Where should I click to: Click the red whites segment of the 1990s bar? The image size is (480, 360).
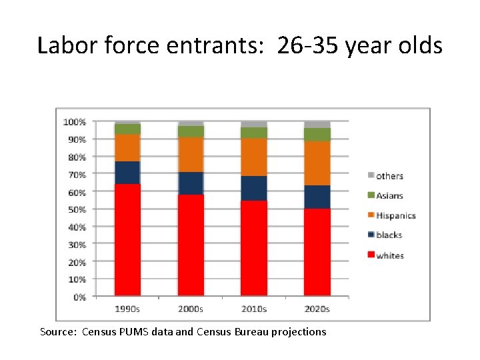tap(127, 239)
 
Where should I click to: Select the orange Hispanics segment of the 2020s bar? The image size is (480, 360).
tap(317, 163)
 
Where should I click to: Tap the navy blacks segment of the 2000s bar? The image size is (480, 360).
tap(191, 183)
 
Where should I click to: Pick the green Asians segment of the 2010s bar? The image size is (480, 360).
tap(254, 133)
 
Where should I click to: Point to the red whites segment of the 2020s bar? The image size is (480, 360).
tap(317, 252)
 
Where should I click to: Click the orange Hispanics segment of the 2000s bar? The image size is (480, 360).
tap(191, 155)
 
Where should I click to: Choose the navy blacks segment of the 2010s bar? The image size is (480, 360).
tap(254, 189)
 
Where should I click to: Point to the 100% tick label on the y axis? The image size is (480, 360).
tap(74, 122)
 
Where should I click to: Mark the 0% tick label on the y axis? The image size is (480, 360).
tap(79, 297)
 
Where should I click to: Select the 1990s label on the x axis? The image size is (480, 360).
tap(127, 309)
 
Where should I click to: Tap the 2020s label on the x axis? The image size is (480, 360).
tap(317, 309)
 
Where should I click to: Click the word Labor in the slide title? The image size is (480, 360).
tap(64, 45)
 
